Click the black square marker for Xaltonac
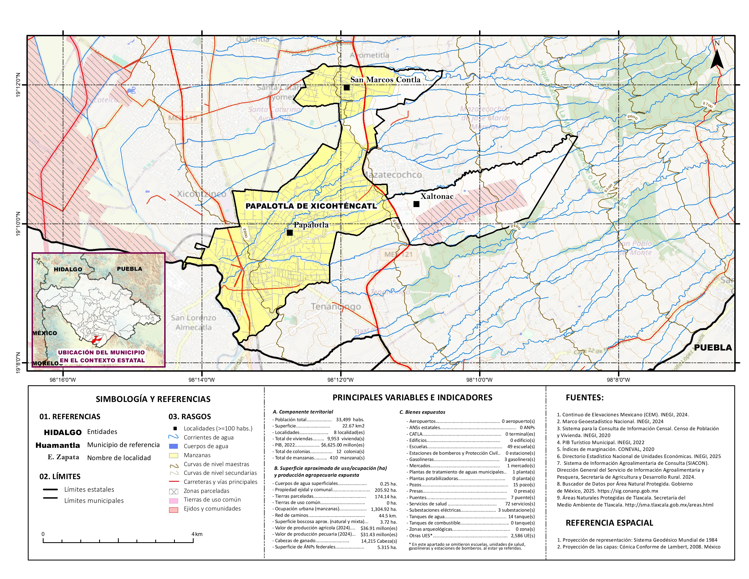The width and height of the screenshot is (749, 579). pyautogui.click(x=416, y=204)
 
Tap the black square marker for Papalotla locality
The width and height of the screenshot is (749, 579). pyautogui.click(x=290, y=233)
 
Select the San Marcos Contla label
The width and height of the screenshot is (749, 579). pyautogui.click(x=385, y=80)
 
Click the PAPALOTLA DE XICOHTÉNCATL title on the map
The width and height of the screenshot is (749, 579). pyautogui.click(x=311, y=206)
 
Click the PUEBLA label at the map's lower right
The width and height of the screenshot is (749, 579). pyautogui.click(x=713, y=347)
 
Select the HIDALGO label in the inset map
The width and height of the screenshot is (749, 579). pyautogui.click(x=68, y=269)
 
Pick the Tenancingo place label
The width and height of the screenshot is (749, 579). pyautogui.click(x=336, y=306)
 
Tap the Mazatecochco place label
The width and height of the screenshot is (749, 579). pyautogui.click(x=393, y=175)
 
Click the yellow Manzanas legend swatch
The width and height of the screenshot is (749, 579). pyautogui.click(x=173, y=456)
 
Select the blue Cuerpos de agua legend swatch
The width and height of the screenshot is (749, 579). pyautogui.click(x=173, y=446)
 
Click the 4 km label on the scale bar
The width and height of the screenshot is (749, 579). pyautogui.click(x=197, y=534)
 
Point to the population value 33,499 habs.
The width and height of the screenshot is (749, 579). pyautogui.click(x=350, y=420)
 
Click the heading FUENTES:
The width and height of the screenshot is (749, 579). pyautogui.click(x=584, y=398)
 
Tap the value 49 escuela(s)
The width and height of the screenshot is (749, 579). pyautogui.click(x=520, y=447)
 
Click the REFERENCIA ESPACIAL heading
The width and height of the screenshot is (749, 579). pyautogui.click(x=609, y=523)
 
